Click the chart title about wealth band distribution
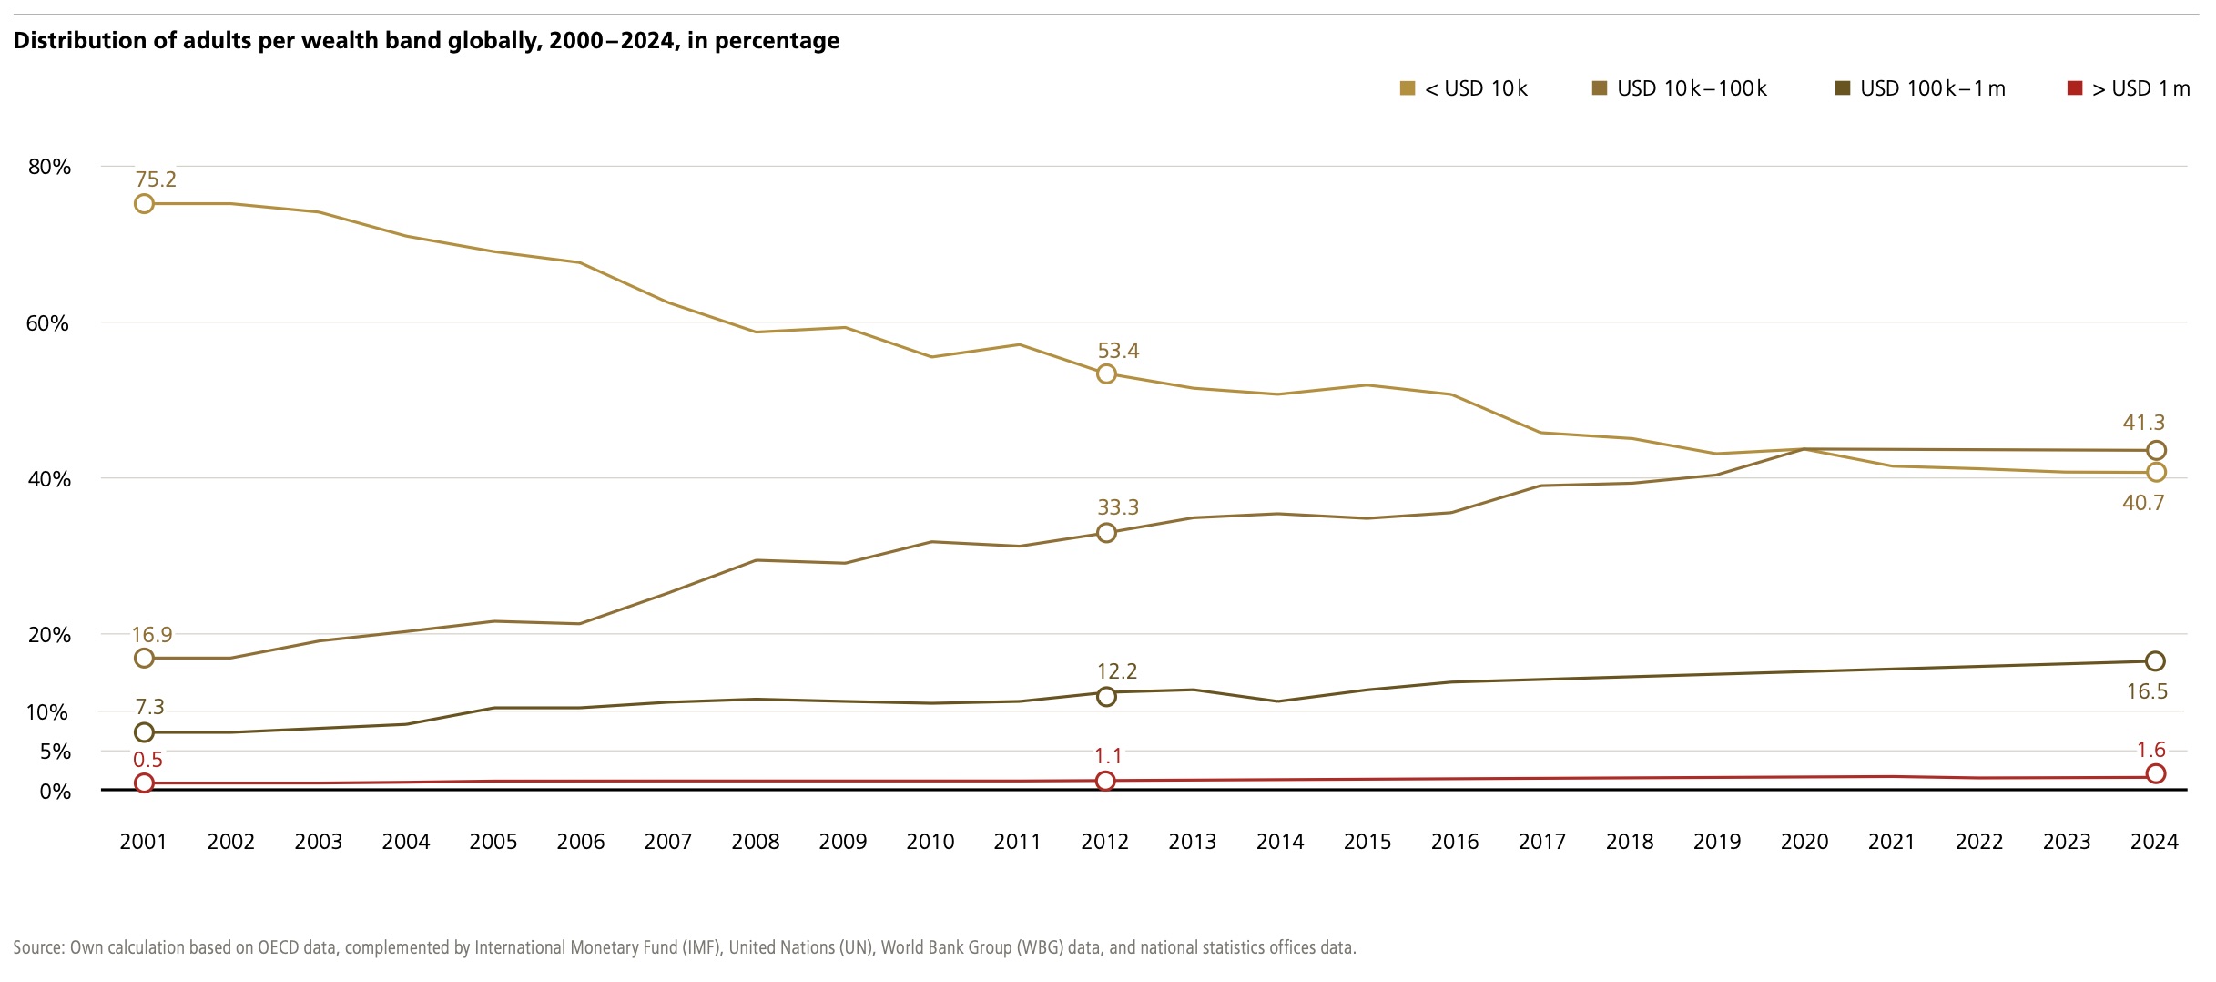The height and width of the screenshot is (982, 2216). [426, 41]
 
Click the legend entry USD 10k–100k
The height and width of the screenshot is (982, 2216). [1680, 88]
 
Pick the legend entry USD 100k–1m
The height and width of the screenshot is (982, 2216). [1920, 88]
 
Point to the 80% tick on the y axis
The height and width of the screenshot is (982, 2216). [49, 167]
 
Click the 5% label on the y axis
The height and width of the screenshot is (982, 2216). [55, 752]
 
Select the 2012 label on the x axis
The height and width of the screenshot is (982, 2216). [1104, 842]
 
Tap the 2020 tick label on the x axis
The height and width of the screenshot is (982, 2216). [1804, 842]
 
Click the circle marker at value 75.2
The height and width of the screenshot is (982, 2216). [144, 204]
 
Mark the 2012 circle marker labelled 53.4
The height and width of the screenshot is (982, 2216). [1106, 374]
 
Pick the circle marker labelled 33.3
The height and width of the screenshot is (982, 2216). [1106, 533]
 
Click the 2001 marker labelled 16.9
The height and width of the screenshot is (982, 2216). [144, 659]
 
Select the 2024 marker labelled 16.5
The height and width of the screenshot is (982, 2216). [2155, 661]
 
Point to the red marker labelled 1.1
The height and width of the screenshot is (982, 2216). [1105, 781]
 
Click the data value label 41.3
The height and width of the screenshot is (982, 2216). [2143, 423]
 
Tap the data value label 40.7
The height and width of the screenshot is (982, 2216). [2143, 503]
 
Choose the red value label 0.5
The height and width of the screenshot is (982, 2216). [147, 760]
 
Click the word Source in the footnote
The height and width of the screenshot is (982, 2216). [38, 947]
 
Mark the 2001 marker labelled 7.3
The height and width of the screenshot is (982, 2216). [144, 732]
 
